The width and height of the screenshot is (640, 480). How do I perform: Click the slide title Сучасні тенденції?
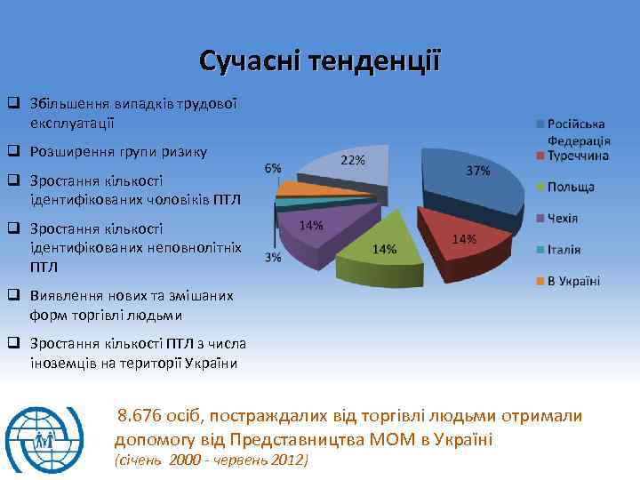coord(319,61)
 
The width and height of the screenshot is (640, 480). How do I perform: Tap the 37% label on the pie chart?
coord(477,171)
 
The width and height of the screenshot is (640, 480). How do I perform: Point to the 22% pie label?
coord(353,160)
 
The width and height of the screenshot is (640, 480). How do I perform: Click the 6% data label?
coord(273,168)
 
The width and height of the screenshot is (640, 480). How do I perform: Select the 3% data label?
coord(273,257)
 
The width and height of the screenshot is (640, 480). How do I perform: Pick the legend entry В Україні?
coord(573,281)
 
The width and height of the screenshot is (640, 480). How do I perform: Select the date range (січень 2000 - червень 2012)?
coord(212,460)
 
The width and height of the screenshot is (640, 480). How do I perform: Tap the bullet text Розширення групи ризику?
coord(118,152)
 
